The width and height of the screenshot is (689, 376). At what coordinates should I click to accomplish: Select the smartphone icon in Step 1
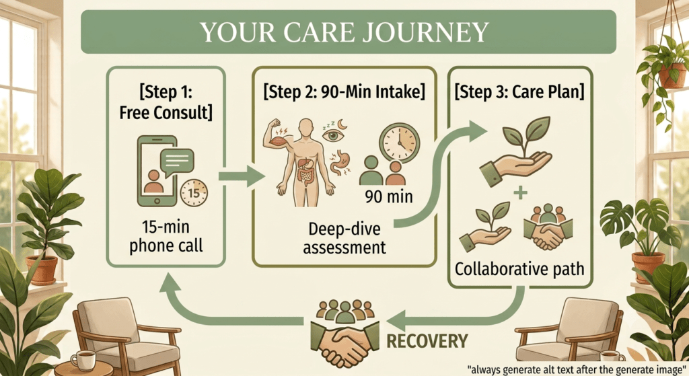coord(157,171)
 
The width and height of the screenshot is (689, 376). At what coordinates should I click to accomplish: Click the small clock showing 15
coord(194,193)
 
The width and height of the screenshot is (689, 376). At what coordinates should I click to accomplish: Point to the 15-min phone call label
coord(166,236)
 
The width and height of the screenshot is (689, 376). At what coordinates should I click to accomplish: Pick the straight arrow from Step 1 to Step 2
coord(242,176)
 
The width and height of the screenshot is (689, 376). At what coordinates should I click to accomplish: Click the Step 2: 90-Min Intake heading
coord(344,91)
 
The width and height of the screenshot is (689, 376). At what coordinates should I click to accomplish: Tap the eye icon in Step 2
coord(332,135)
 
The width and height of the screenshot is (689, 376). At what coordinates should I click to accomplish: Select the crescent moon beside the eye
coord(342,124)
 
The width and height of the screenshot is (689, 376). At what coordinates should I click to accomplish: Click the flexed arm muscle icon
coord(275,136)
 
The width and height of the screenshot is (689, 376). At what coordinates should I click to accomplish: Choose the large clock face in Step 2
coord(400,143)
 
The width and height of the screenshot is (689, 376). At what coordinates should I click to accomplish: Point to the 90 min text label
coord(389,196)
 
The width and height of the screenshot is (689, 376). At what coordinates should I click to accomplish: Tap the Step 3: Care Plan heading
coord(519,91)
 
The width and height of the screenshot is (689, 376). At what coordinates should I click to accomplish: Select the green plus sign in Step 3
coord(520,192)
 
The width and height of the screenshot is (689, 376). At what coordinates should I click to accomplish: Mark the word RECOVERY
coord(427,341)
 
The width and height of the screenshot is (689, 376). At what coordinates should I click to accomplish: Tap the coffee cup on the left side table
coord(83,360)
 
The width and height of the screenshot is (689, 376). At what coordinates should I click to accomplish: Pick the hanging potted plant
coord(664,70)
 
